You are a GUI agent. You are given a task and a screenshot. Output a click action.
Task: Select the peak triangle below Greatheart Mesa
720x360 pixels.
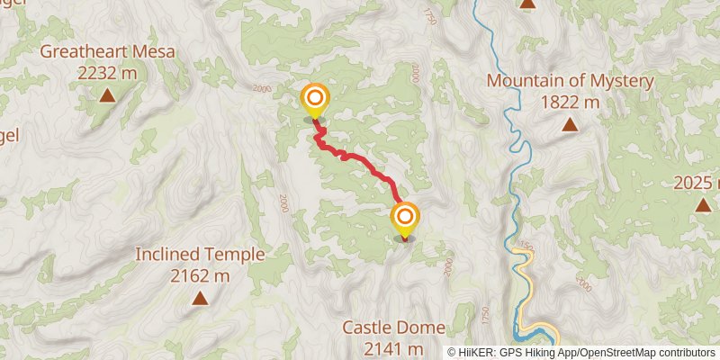[x=107, y=94]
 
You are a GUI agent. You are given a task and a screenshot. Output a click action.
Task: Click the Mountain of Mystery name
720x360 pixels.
[x=569, y=81]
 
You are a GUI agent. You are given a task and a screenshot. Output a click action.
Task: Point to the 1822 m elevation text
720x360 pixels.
[x=569, y=102]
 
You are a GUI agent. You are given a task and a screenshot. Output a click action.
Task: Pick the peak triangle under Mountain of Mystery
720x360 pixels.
[x=569, y=124]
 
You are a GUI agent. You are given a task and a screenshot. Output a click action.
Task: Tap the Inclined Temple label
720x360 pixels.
[x=200, y=255]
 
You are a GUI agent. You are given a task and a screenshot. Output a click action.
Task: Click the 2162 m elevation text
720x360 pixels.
[x=200, y=275]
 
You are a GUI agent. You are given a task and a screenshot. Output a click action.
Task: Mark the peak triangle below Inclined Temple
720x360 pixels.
[x=199, y=297]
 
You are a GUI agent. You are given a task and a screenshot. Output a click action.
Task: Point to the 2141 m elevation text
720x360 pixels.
[x=382, y=347]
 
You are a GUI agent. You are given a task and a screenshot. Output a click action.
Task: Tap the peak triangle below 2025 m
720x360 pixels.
[x=702, y=205]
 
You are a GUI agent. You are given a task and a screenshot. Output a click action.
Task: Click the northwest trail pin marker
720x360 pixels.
[x=315, y=99]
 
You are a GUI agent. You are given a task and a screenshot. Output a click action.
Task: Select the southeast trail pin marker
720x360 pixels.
[x=405, y=218]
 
